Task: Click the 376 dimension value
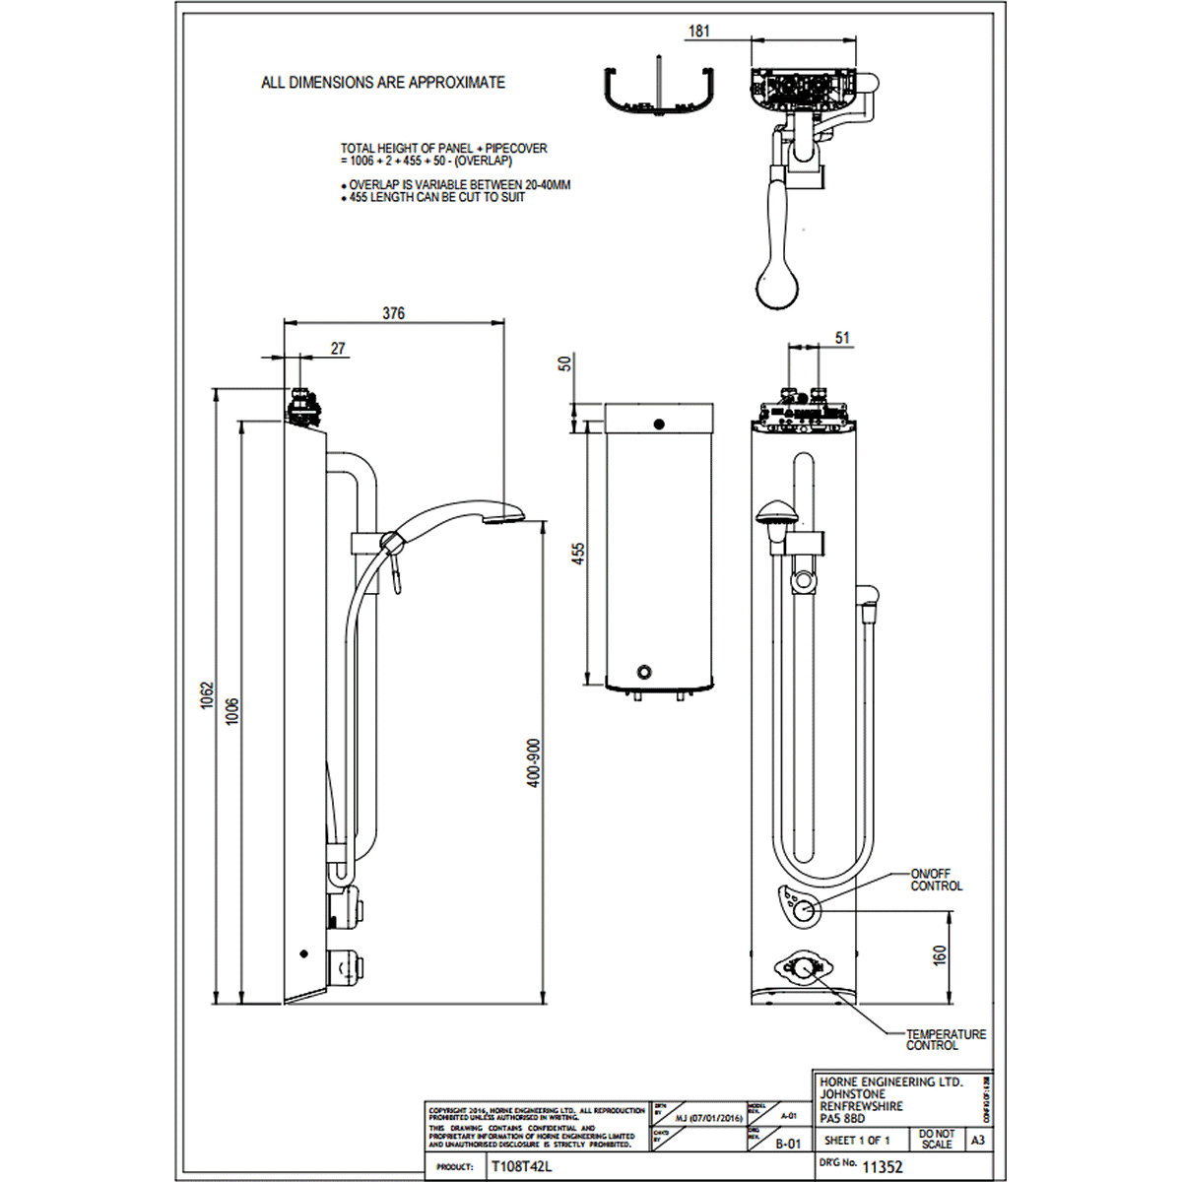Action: pyautogui.click(x=393, y=313)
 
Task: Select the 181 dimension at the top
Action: pyautogui.click(x=698, y=32)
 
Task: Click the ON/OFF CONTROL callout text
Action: pyautogui.click(x=936, y=880)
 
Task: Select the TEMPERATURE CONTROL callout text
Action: pyautogui.click(x=946, y=1039)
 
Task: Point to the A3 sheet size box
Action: pyautogui.click(x=977, y=1140)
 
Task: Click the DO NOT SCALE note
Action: pyautogui.click(x=937, y=1140)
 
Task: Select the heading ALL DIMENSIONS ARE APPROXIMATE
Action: pyautogui.click(x=383, y=83)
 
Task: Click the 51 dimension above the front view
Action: pyautogui.click(x=842, y=339)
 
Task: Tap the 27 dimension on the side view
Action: pyautogui.click(x=338, y=349)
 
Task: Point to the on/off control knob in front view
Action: pyautogui.click(x=806, y=910)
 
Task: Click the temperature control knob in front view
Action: pyautogui.click(x=805, y=968)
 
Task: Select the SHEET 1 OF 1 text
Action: pyautogui.click(x=857, y=1141)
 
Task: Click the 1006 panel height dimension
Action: pyautogui.click(x=232, y=710)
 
